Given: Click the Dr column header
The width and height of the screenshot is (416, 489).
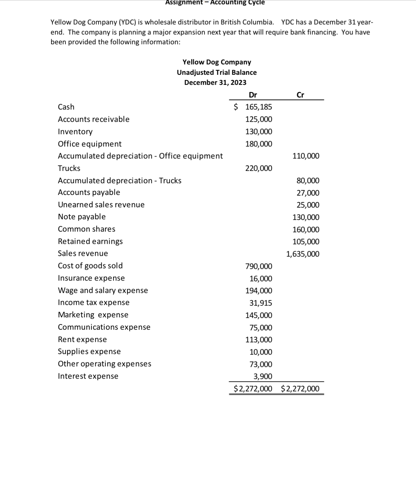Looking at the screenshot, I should pyautogui.click(x=253, y=95).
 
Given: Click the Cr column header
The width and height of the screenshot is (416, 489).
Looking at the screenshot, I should pyautogui.click(x=300, y=95).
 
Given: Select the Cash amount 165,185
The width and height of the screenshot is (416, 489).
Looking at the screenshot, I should pyautogui.click(x=258, y=107).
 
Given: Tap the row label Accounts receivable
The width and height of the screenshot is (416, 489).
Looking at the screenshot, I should pyautogui.click(x=94, y=119).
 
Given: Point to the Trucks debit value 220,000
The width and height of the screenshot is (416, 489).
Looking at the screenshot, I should pyautogui.click(x=259, y=168).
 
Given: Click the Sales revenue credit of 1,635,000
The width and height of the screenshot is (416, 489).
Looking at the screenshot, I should pyautogui.click(x=303, y=254).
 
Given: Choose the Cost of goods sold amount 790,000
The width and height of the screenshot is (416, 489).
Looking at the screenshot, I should pyautogui.click(x=259, y=266).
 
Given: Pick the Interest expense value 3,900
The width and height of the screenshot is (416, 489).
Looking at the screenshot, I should pyautogui.click(x=262, y=376).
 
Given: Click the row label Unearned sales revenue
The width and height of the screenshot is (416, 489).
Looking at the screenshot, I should pyautogui.click(x=101, y=205).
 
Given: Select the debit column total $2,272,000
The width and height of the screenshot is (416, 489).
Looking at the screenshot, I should pyautogui.click(x=253, y=389).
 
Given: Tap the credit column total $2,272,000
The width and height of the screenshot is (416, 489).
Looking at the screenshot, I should pyautogui.click(x=300, y=389).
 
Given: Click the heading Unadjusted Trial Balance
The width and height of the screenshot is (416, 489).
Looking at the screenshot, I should pyautogui.click(x=217, y=72).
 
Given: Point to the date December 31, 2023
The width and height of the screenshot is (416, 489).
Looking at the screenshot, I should pyautogui.click(x=215, y=82).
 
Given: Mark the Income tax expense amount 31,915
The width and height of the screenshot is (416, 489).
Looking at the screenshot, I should pyautogui.click(x=260, y=303).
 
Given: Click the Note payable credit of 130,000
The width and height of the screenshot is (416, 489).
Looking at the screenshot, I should pyautogui.click(x=306, y=217).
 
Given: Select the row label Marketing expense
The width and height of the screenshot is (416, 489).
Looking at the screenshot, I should pyautogui.click(x=93, y=315).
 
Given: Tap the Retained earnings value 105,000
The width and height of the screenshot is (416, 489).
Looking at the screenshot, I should pyautogui.click(x=306, y=242).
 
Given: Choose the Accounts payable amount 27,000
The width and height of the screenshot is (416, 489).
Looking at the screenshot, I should pyautogui.click(x=308, y=193).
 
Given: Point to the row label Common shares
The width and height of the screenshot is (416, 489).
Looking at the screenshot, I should pyautogui.click(x=87, y=229).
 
